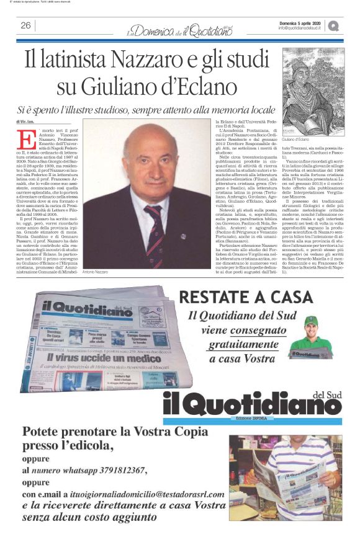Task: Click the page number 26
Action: click(25, 25)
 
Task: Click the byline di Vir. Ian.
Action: click(25, 122)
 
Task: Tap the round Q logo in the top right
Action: click(334, 25)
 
